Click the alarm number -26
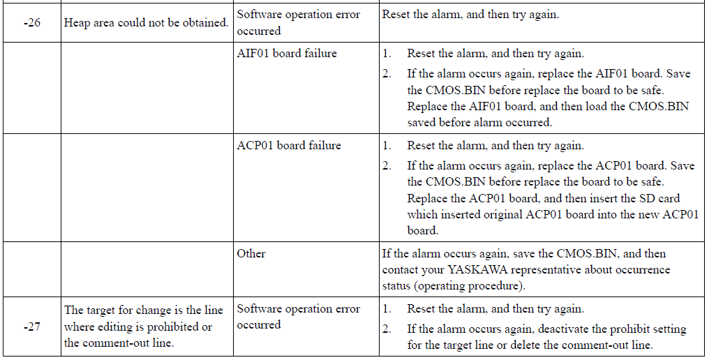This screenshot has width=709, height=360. [31, 23]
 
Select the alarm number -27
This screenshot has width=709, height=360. [31, 327]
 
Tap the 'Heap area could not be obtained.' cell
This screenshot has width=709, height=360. [146, 23]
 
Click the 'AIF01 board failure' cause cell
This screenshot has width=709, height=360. [287, 53]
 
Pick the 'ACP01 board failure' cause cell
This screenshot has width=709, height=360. [289, 146]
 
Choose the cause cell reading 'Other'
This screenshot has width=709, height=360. [251, 254]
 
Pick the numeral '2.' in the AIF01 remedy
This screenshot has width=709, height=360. [387, 74]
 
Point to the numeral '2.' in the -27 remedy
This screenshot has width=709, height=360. [387, 329]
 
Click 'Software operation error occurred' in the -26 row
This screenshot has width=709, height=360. [299, 22]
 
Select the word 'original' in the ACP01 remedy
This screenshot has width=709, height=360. [502, 215]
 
